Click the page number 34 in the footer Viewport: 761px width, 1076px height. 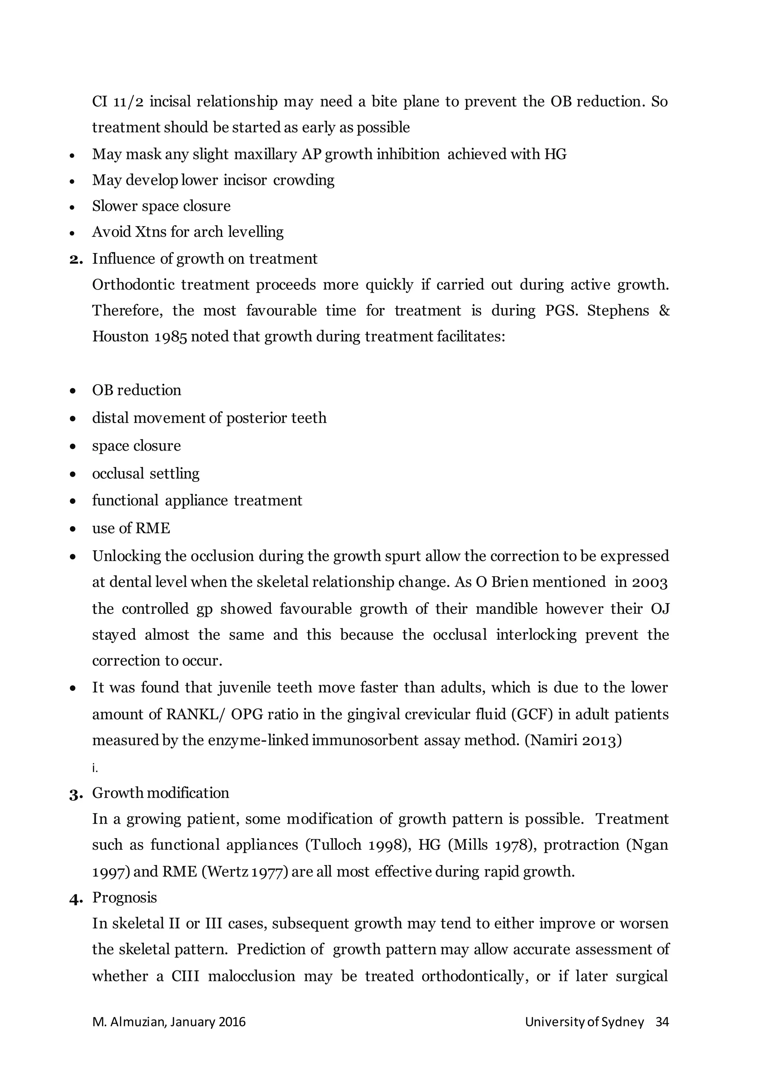(x=662, y=1022)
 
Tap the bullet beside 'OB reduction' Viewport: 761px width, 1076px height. (x=72, y=390)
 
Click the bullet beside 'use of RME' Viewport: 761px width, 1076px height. (x=72, y=529)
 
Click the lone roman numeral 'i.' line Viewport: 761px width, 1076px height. (x=95, y=768)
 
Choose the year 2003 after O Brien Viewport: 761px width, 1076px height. (x=650, y=582)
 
